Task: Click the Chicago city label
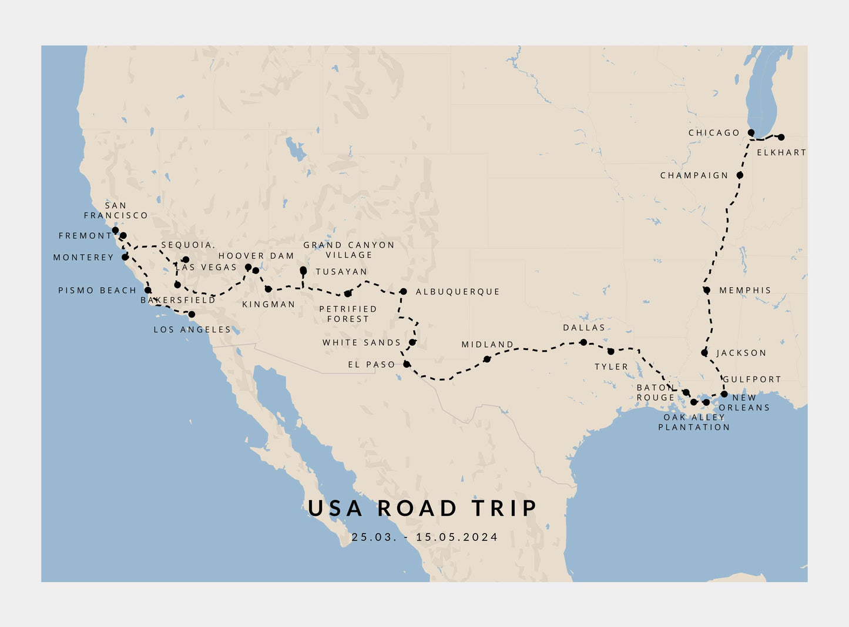point(714,133)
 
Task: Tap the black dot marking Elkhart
point(781,137)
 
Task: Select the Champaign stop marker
point(740,175)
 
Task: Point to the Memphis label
point(745,291)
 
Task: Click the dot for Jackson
point(704,353)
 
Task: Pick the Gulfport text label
point(752,379)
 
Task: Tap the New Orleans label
point(744,402)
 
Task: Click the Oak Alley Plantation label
point(694,422)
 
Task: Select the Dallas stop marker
point(583,342)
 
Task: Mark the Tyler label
point(611,366)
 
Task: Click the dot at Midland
point(486,359)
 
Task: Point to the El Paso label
point(372,365)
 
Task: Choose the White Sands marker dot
point(412,342)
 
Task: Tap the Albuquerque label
point(458,292)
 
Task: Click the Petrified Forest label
point(348,313)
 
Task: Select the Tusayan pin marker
point(303,271)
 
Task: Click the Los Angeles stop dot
point(192,315)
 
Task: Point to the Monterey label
point(83,258)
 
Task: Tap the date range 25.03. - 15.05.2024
point(424,537)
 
